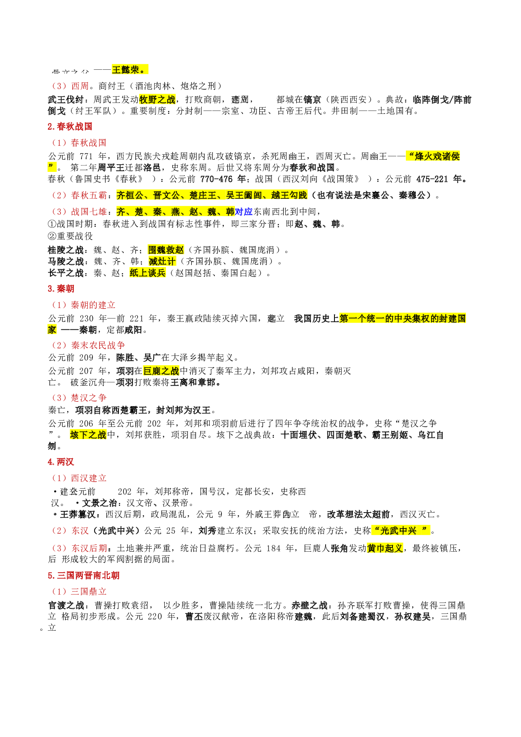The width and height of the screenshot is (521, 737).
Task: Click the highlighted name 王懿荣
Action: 130,70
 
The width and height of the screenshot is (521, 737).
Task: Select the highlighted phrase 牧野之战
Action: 157,100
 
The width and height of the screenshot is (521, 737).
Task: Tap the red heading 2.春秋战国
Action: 70,126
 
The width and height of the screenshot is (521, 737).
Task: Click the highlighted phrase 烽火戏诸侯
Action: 433,156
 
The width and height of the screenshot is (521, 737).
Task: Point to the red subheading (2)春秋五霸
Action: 79,195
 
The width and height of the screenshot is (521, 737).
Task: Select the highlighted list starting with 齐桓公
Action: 212,195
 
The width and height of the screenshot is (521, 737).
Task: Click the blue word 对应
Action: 244,212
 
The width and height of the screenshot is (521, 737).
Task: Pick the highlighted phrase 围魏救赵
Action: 166,250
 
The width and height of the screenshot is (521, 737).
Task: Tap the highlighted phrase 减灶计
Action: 162,261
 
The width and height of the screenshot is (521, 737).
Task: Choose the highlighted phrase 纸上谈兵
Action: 147,273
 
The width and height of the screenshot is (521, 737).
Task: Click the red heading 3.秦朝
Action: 61,289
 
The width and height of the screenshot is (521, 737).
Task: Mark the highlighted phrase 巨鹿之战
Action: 161,371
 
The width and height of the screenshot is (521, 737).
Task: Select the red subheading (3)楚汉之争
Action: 79,398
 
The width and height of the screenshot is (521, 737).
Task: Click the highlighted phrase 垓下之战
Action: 88,435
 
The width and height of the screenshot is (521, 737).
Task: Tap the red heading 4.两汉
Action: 61,462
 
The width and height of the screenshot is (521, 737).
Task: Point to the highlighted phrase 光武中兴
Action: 400,531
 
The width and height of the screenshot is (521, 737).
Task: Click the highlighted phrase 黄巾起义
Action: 385,548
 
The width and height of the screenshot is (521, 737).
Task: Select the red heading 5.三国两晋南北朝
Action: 84,576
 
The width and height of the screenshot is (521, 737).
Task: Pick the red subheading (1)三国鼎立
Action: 79,592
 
